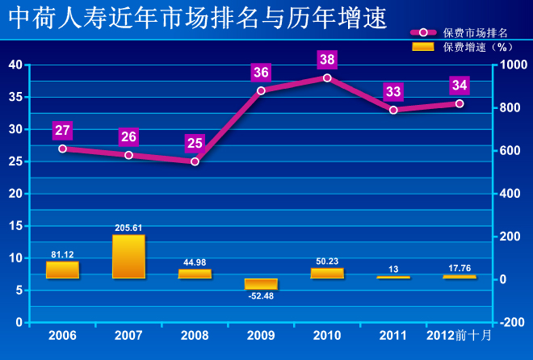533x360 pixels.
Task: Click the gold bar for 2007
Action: coord(128,257)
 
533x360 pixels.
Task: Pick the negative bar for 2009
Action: coord(261,284)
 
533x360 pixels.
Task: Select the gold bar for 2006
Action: coord(62,270)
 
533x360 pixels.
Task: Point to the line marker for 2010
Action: coord(327,78)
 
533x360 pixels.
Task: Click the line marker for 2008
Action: coord(195,161)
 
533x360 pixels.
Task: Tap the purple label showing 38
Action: coord(327,60)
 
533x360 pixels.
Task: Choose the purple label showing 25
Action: coord(195,143)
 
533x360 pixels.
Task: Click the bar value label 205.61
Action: coord(128,228)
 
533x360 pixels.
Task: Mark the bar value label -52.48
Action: coord(261,296)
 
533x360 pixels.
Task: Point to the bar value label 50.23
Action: coord(327,261)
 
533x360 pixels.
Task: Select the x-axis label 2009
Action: coord(261,335)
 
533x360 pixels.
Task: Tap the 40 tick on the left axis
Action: coord(15,65)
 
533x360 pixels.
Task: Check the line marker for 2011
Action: coord(393,110)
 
